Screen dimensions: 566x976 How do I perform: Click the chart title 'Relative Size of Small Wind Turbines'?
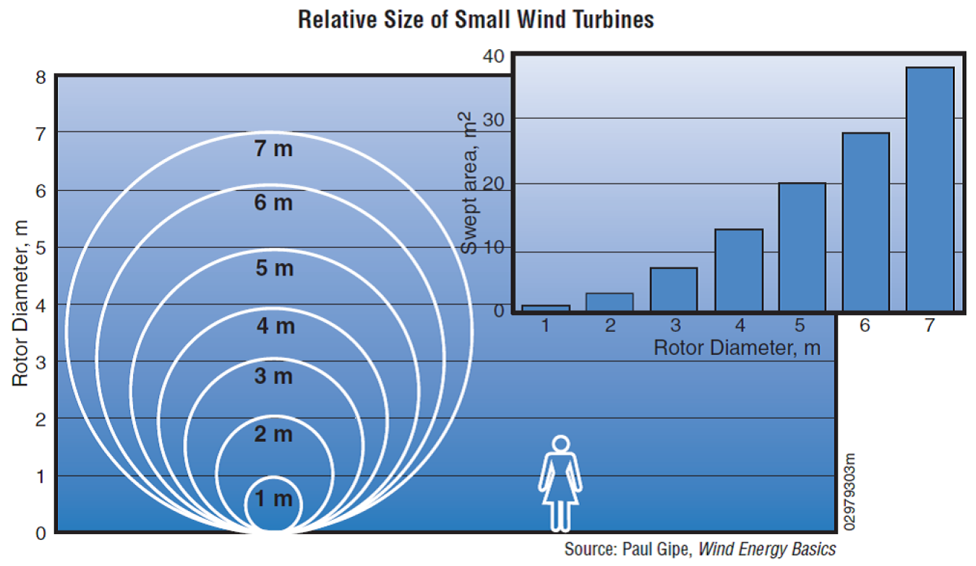pyautogui.click(x=476, y=20)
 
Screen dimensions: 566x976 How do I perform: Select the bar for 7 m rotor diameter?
pyautogui.click(x=930, y=189)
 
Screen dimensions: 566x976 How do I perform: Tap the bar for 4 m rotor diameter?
pyautogui.click(x=739, y=270)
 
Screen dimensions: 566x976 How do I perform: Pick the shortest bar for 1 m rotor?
pyautogui.click(x=546, y=309)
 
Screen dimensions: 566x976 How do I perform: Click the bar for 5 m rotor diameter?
pyautogui.click(x=802, y=247)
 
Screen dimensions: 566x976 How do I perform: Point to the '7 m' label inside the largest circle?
pyautogui.click(x=273, y=150)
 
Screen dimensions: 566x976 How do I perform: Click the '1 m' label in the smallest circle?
pyautogui.click(x=273, y=499)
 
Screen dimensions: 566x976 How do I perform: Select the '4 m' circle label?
pyautogui.click(x=275, y=327)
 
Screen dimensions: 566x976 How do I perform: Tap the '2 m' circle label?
pyautogui.click(x=273, y=434)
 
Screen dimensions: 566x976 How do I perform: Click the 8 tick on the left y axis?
pyautogui.click(x=40, y=77)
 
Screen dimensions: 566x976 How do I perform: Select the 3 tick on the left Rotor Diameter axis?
pyautogui.click(x=40, y=362)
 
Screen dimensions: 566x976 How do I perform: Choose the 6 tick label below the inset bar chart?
pyautogui.click(x=865, y=326)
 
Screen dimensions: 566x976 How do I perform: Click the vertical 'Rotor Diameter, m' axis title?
pyautogui.click(x=20, y=304)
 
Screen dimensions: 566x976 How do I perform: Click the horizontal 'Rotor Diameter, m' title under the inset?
pyautogui.click(x=737, y=348)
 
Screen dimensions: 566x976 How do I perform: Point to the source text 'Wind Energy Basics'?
pyautogui.click(x=767, y=549)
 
